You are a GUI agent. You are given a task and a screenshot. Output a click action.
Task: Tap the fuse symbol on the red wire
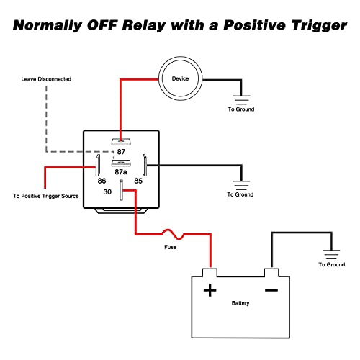click(x=173, y=234)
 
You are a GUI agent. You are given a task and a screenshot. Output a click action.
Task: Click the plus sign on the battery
click(x=210, y=290)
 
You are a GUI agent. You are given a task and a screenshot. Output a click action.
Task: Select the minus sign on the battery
click(x=271, y=290)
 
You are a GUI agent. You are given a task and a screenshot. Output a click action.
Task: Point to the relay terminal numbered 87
click(x=121, y=142)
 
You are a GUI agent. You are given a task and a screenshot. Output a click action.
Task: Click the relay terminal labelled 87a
click(x=121, y=163)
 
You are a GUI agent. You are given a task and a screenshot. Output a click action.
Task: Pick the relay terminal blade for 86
click(x=98, y=165)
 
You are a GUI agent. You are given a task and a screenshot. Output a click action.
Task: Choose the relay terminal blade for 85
click(x=145, y=165)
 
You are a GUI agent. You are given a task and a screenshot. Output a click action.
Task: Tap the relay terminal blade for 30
click(x=121, y=190)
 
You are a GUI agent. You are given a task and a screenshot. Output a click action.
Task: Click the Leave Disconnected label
click(x=46, y=79)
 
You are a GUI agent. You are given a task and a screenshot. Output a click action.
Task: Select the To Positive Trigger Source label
click(x=46, y=196)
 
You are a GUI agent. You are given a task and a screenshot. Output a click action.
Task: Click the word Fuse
click(x=170, y=247)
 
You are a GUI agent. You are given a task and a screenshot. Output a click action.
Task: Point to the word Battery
click(x=240, y=303)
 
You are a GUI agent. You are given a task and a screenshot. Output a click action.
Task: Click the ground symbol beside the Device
click(x=241, y=100)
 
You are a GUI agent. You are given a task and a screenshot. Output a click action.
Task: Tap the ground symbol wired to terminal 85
click(x=241, y=185)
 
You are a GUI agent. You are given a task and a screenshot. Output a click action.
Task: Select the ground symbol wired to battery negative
click(x=331, y=254)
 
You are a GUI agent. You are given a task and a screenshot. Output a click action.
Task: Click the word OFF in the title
click(x=102, y=25)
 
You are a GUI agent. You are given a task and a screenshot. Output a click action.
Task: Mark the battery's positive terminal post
click(x=210, y=272)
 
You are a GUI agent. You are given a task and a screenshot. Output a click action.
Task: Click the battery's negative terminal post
click(x=271, y=272)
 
